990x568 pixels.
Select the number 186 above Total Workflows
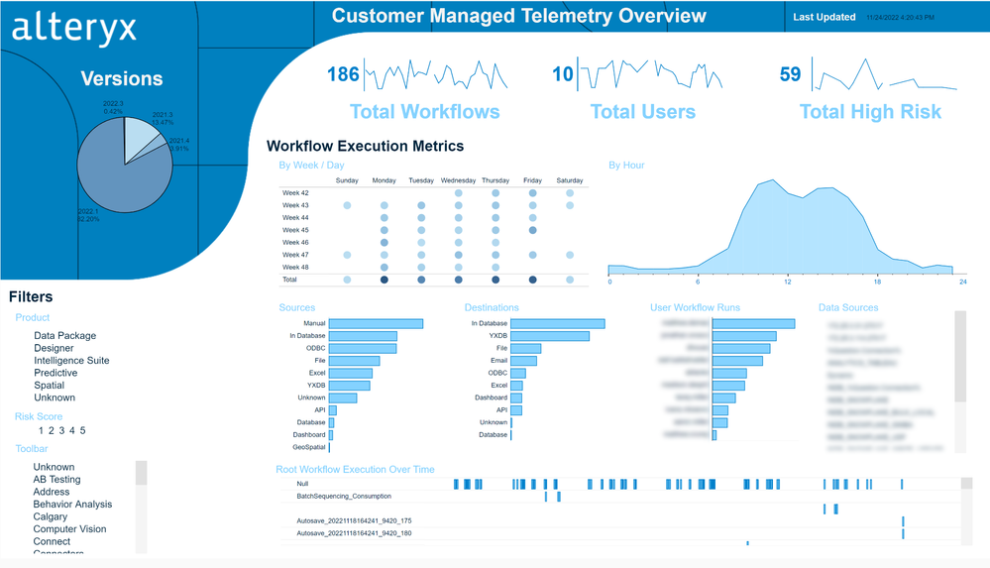343,74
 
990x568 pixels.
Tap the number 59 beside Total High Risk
790,74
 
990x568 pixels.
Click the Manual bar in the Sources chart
376,324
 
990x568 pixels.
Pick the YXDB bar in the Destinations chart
550,336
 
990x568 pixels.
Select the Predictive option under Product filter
56,373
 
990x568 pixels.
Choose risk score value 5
82,430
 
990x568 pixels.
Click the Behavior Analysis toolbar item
72,505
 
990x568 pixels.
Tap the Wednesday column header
458,180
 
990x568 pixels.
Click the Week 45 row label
295,230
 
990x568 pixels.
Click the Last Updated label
824,17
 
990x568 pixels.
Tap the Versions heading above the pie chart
122,79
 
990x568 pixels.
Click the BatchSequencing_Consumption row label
343,496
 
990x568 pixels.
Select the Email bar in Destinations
524,361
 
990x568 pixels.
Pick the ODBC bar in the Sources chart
362,348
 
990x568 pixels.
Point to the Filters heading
31,296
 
